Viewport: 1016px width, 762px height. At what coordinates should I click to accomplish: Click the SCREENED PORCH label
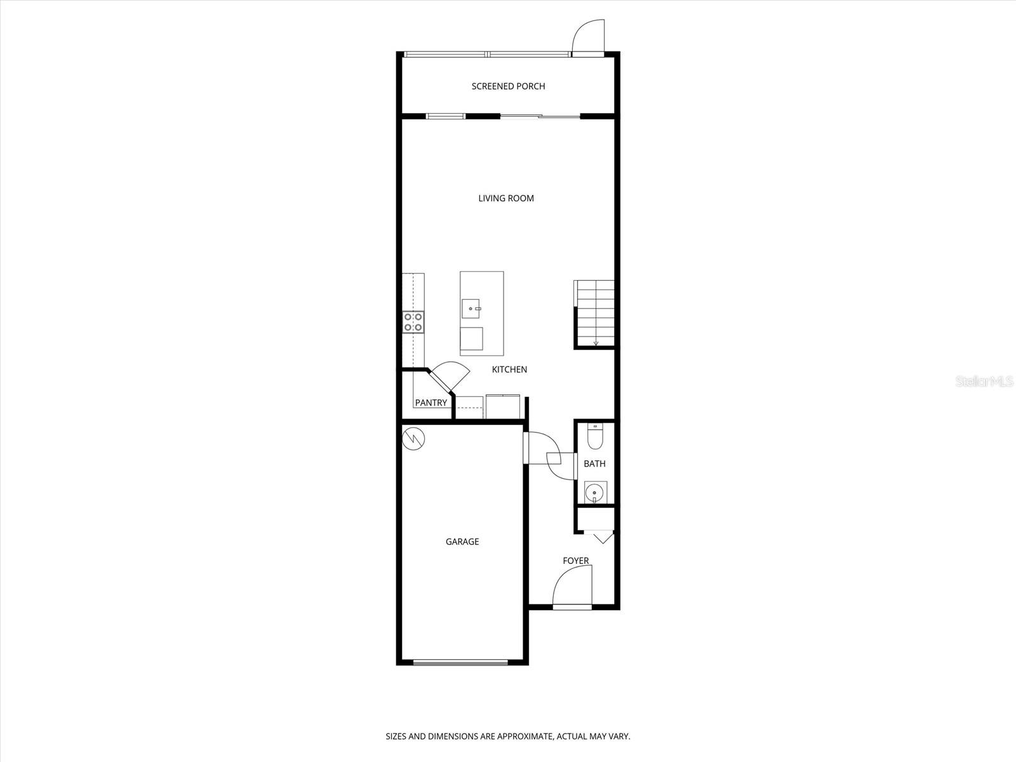point(508,86)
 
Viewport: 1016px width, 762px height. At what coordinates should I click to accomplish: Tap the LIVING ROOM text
point(506,199)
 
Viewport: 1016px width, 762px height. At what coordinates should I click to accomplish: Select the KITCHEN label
point(509,370)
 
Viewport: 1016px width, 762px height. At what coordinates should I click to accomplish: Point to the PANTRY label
point(431,403)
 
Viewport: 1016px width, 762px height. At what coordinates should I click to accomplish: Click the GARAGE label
point(462,542)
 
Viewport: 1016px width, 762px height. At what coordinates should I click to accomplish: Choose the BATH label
point(594,464)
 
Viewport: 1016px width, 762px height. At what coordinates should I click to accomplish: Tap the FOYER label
point(576,561)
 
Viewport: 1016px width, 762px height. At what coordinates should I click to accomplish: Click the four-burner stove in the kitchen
point(413,322)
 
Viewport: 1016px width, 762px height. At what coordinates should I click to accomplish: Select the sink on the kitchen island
point(471,309)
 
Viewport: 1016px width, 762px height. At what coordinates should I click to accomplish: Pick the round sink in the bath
point(594,493)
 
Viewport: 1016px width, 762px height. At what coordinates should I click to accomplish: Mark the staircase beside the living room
point(594,313)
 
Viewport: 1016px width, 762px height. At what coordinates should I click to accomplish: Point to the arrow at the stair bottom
point(596,342)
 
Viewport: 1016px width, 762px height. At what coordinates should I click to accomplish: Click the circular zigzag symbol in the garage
point(413,439)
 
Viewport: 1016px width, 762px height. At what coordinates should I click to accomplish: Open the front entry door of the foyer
point(573,587)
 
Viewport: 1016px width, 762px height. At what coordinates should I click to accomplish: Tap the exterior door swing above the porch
point(588,37)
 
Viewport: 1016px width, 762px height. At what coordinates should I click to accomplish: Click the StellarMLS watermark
point(984,382)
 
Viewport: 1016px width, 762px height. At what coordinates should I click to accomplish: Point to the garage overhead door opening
point(460,662)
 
